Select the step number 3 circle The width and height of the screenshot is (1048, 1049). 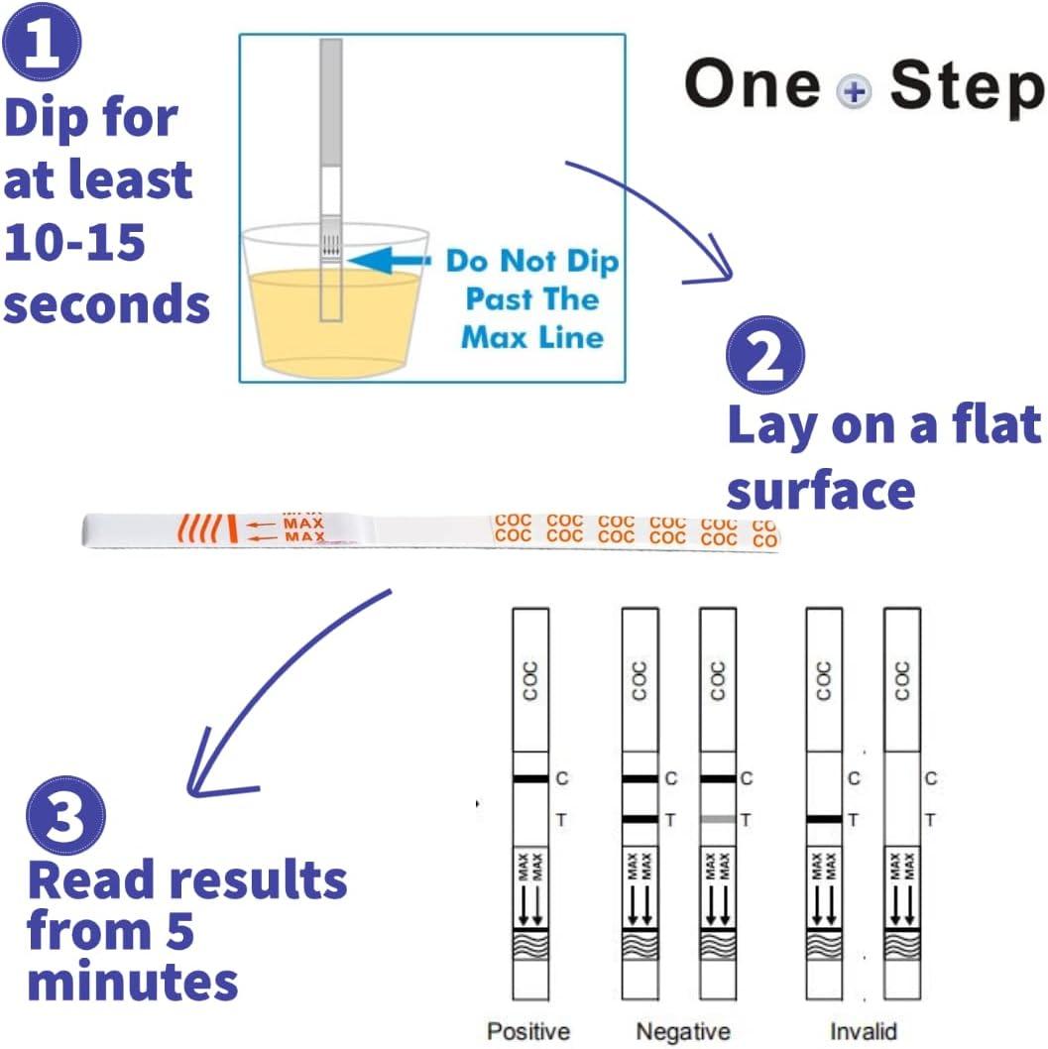(x=65, y=812)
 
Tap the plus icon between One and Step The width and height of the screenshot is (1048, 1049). (x=854, y=93)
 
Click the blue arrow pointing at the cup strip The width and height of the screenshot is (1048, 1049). (x=391, y=261)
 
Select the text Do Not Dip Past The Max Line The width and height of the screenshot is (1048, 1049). (x=532, y=298)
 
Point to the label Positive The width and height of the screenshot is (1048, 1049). (x=528, y=1032)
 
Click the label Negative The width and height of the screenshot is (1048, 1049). (x=683, y=1032)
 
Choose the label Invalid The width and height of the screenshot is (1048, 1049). (x=864, y=1032)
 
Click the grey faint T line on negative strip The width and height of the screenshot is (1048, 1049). (x=718, y=820)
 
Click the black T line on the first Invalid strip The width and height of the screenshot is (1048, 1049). (x=824, y=820)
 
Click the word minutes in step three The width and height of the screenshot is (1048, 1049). (x=134, y=981)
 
